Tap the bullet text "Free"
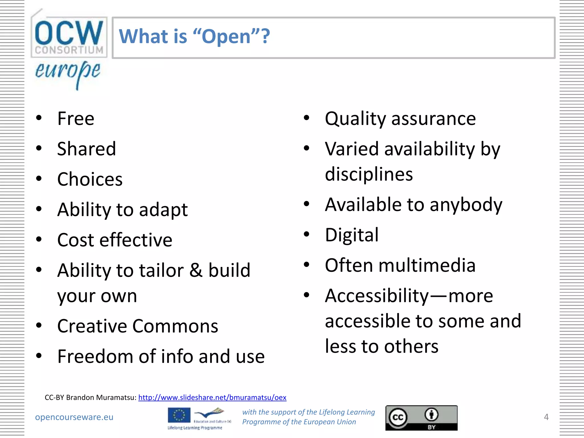[x=76, y=119]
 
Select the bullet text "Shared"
[x=86, y=149]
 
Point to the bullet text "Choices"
[x=90, y=179]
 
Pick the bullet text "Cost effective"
[x=115, y=240]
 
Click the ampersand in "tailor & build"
[x=196, y=270]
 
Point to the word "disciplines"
[x=369, y=174]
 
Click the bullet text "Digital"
[x=352, y=235]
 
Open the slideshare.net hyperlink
[x=212, y=397]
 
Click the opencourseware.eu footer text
[x=74, y=417]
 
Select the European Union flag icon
[x=179, y=415]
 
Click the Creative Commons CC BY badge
[x=421, y=418]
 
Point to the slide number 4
[x=546, y=417]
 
